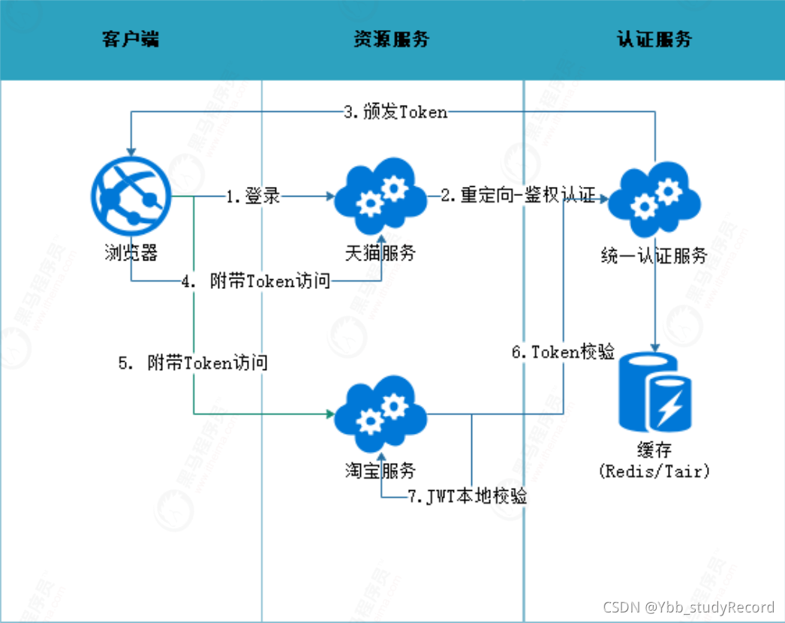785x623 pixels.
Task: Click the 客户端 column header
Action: tap(131, 40)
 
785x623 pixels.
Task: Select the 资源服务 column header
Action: tap(391, 40)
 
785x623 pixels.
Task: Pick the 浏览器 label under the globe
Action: tap(131, 252)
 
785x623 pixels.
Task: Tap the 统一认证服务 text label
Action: tap(655, 255)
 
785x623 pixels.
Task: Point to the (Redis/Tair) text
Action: tap(654, 471)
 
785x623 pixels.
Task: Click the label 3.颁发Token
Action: tap(396, 113)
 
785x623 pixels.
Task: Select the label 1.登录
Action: tap(254, 197)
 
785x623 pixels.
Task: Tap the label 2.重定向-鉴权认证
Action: tap(518, 197)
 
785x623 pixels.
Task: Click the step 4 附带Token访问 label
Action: tap(256, 281)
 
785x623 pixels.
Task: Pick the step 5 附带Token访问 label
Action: tap(194, 363)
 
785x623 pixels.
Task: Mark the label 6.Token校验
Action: tap(563, 352)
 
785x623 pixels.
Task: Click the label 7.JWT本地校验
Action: tap(467, 496)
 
